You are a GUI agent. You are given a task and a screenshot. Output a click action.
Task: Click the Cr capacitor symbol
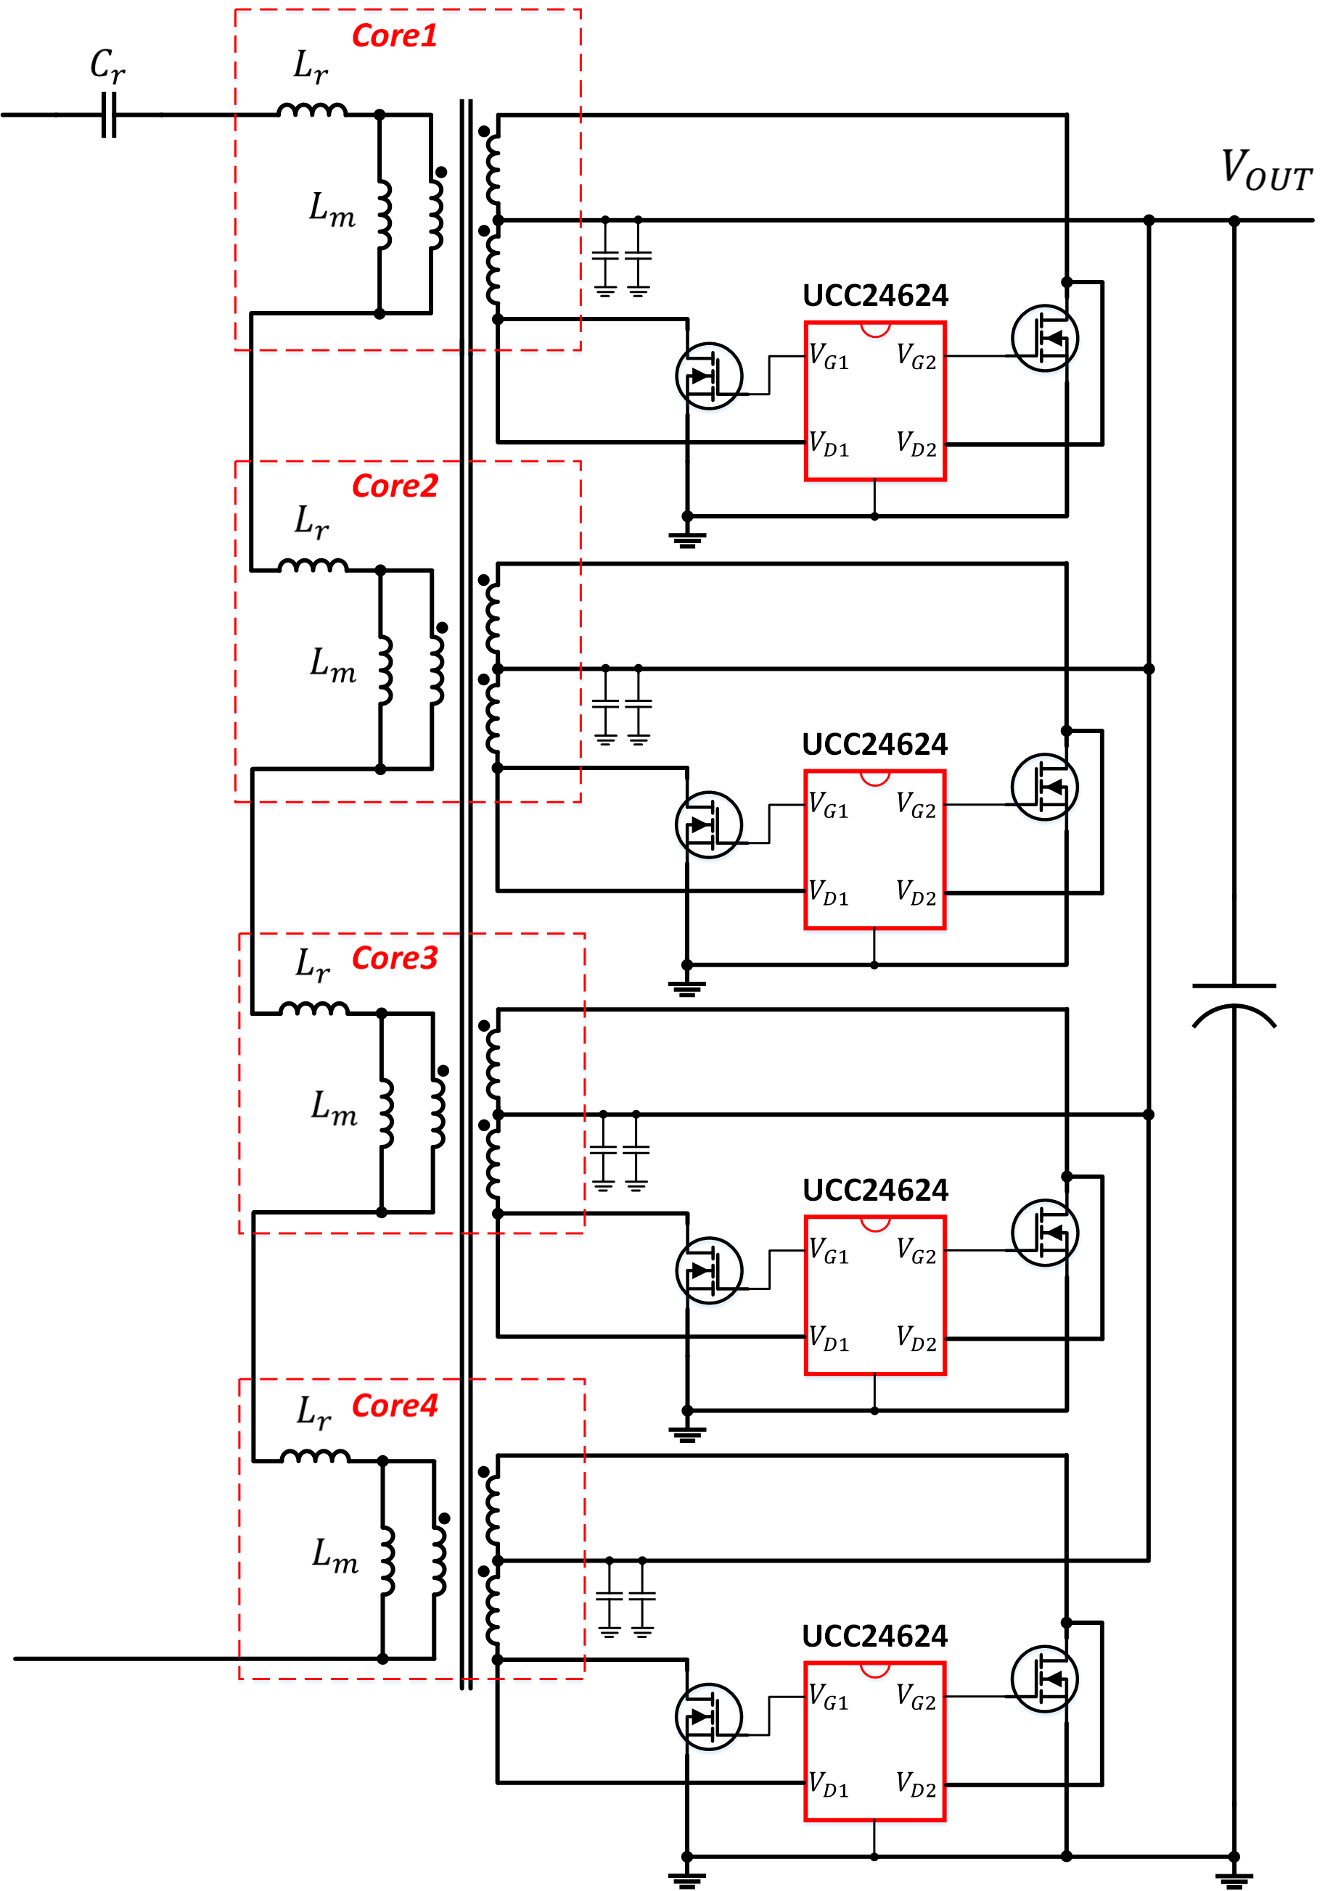click(x=109, y=115)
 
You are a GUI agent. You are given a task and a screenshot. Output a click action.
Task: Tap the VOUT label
click(x=1266, y=170)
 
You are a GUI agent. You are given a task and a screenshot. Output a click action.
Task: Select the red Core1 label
click(x=394, y=36)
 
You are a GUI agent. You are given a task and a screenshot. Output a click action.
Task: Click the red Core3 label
click(x=394, y=958)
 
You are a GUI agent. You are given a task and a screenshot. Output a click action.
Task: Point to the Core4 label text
click(x=394, y=1405)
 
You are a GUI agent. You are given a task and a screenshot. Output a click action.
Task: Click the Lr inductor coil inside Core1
click(x=311, y=109)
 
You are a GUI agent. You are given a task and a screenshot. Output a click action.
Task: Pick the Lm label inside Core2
click(x=332, y=664)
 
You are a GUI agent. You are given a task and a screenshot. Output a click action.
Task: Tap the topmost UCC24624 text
click(x=875, y=296)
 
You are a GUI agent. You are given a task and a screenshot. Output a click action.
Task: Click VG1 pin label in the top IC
click(x=828, y=357)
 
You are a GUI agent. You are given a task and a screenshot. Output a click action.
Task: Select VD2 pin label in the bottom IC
click(x=916, y=1784)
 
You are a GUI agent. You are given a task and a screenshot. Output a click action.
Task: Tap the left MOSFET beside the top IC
click(x=709, y=376)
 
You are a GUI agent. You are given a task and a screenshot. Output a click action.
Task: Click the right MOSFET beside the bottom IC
click(x=1044, y=1679)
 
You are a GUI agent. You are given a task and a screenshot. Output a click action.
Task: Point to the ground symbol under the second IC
click(x=686, y=986)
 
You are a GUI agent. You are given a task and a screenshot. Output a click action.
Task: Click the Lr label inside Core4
click(x=314, y=1412)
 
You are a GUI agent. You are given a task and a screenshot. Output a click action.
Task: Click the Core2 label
click(x=394, y=486)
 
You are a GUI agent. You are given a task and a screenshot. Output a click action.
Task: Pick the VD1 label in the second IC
click(x=828, y=892)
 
